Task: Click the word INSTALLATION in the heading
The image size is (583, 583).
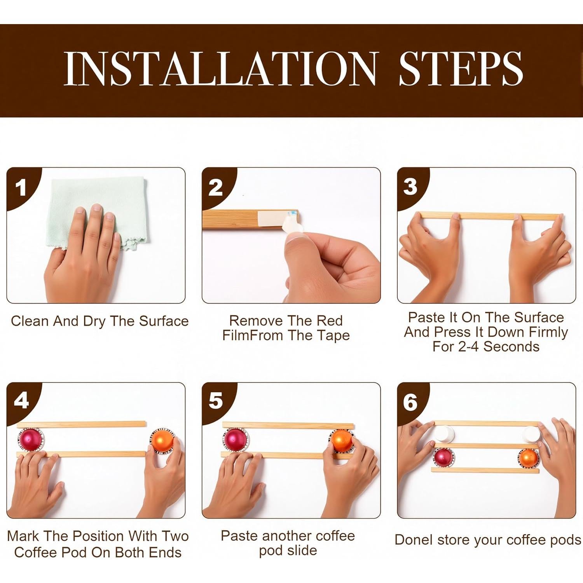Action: click(x=220, y=69)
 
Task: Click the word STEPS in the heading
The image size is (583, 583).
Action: click(x=461, y=69)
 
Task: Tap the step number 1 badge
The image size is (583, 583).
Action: click(x=21, y=187)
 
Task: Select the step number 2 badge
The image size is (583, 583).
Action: click(x=216, y=187)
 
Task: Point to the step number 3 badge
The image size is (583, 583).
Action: click(x=410, y=187)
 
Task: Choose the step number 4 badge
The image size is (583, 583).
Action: click(x=21, y=400)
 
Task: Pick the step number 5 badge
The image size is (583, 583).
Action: click(x=216, y=400)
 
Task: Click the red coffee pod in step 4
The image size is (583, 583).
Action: click(x=31, y=440)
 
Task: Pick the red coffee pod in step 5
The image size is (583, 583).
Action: click(x=235, y=440)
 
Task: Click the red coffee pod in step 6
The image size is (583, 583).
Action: click(x=444, y=457)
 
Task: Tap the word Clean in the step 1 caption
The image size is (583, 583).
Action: click(x=30, y=321)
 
